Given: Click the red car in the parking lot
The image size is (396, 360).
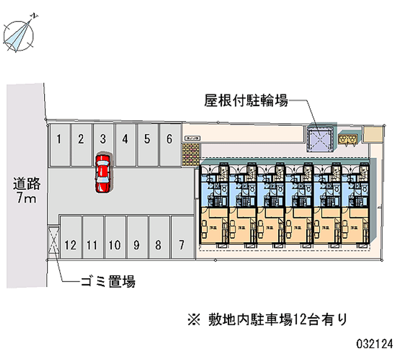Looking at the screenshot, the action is (x=103, y=172).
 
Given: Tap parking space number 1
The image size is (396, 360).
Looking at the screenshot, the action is (x=59, y=144).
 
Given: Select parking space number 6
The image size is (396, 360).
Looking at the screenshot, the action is (x=169, y=144).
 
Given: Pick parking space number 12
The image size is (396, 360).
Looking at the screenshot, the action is (x=70, y=240).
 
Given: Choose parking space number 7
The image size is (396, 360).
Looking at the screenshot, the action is (x=182, y=240).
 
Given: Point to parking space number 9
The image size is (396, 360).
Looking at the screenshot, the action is (x=137, y=240).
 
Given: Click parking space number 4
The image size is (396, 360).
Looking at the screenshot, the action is (x=125, y=144).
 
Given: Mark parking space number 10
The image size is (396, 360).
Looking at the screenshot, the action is (x=114, y=240).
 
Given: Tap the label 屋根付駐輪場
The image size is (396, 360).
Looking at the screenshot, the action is (x=246, y=102).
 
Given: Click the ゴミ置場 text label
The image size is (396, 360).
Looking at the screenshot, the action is (x=108, y=282).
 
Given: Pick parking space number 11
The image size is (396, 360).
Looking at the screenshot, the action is (x=92, y=240).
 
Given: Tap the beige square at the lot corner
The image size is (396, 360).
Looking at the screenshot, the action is (x=374, y=134).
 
